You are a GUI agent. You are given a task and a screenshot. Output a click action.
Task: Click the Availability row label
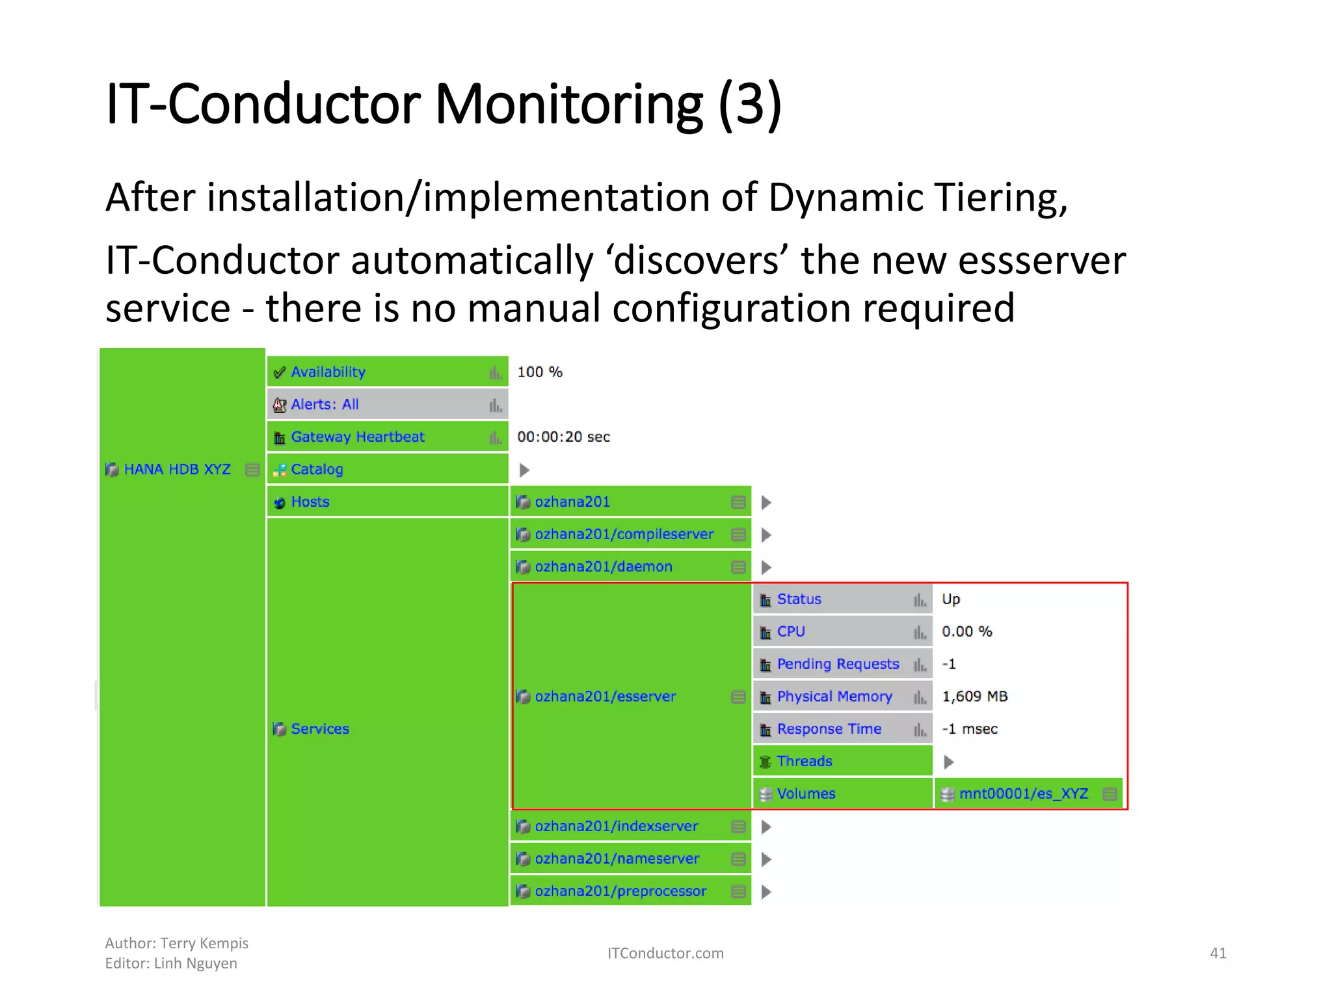coord(328,372)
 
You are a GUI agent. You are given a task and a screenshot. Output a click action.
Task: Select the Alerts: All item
coord(325,405)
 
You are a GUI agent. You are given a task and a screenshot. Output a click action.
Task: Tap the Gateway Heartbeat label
coord(358,437)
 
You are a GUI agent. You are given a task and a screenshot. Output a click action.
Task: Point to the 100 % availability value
coord(539,372)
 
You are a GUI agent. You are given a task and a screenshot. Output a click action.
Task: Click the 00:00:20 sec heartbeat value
coord(563,437)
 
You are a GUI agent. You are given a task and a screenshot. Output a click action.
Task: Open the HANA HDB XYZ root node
coord(177,470)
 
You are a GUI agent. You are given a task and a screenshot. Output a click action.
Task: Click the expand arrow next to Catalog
coord(524,470)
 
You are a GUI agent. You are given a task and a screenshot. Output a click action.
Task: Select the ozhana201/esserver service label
coord(605,697)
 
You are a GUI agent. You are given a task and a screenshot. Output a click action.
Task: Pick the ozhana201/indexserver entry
coord(616,827)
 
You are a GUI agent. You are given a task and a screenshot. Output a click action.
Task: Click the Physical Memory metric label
coord(834,697)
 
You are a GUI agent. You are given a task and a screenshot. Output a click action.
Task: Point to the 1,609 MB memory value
coord(974,697)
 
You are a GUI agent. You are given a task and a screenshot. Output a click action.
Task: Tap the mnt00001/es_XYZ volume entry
coord(1023,794)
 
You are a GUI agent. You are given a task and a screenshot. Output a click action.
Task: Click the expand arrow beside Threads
coord(948,762)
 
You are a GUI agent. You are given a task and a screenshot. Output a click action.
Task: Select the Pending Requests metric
coord(838,664)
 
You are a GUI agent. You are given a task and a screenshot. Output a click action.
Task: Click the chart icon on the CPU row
coord(920,632)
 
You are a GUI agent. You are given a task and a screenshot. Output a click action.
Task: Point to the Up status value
coord(950,599)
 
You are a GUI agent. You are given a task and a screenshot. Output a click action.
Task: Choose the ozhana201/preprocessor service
coord(620,892)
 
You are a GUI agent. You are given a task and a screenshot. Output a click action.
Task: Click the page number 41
coord(1218,953)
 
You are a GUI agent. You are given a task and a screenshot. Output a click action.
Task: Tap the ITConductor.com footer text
coord(665,953)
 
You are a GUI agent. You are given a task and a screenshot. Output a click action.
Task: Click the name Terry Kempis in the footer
coord(204,943)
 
